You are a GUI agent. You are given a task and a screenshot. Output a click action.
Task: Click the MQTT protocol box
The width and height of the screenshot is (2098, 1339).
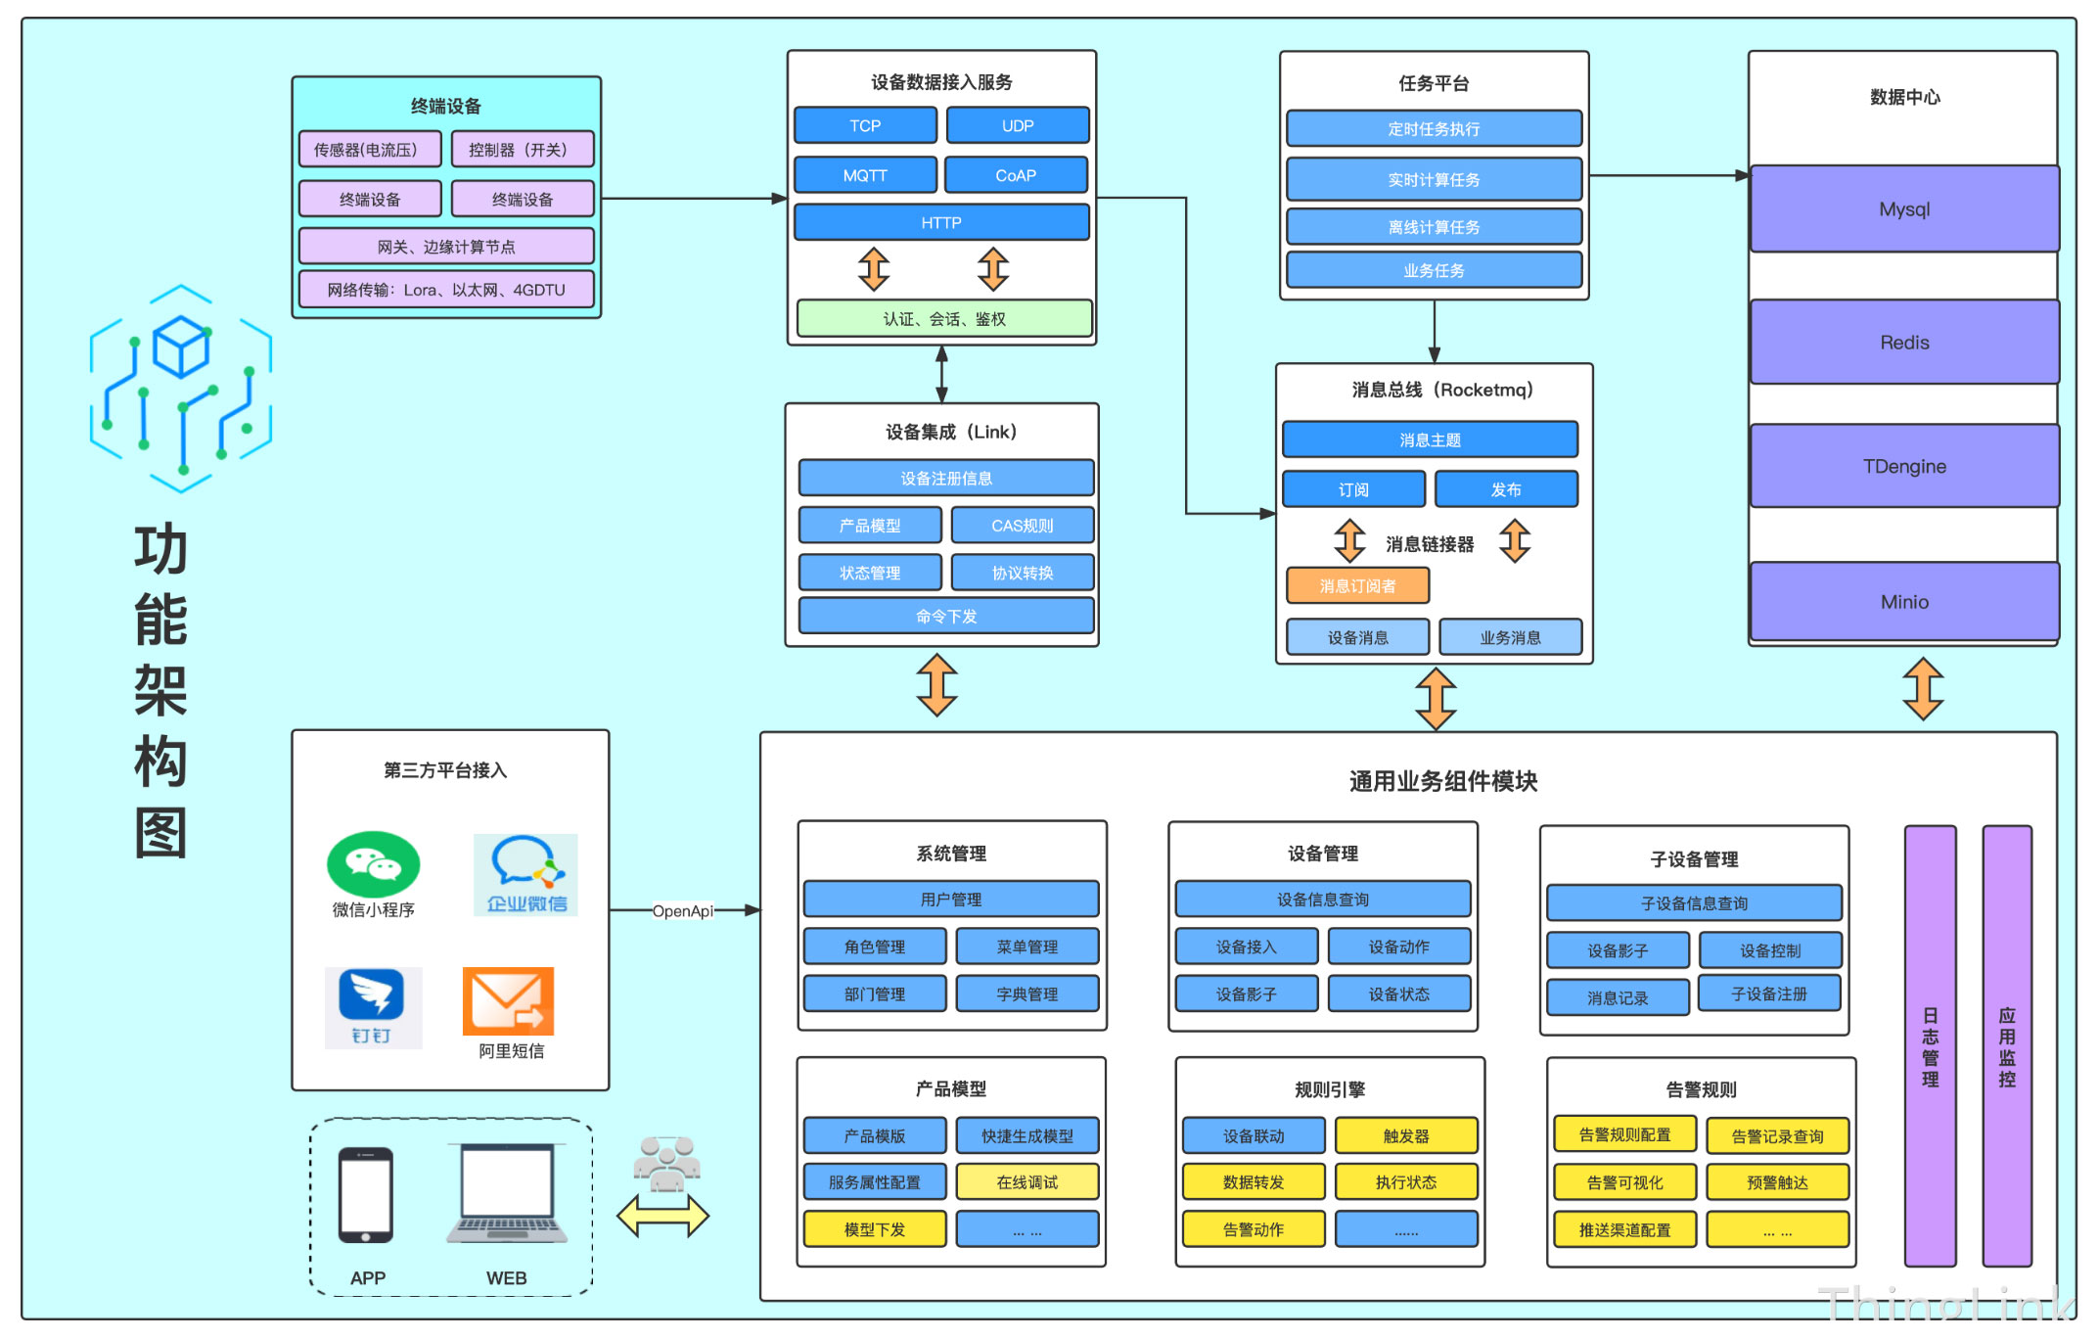point(865,175)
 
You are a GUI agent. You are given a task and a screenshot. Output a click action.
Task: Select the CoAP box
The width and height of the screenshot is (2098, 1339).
point(1016,175)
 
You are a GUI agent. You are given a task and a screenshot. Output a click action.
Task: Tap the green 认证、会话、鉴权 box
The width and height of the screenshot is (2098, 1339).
point(944,319)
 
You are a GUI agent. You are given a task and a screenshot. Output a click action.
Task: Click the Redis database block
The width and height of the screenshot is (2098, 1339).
point(1904,343)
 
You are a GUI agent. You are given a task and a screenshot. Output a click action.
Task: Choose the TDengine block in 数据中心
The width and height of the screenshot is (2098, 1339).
point(1904,466)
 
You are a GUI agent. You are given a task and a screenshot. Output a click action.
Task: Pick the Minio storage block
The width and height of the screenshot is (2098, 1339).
point(1904,602)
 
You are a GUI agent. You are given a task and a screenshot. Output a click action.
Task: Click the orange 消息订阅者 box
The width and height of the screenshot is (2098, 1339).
point(1357,585)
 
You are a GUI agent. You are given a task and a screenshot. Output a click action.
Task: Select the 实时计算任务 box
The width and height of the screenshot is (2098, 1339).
point(1434,179)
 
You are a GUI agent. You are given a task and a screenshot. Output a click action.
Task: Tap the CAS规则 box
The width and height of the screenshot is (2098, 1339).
point(1023,526)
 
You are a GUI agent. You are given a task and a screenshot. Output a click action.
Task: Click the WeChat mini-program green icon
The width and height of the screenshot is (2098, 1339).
point(373,864)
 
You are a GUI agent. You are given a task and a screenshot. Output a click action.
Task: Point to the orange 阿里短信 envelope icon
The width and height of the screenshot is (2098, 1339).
point(508,1001)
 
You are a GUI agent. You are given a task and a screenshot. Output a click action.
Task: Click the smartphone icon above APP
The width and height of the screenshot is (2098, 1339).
point(366,1195)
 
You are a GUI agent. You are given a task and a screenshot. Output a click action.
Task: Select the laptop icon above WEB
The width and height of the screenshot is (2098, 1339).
point(507,1193)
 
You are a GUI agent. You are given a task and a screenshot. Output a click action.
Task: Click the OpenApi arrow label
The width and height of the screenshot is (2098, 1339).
point(683,911)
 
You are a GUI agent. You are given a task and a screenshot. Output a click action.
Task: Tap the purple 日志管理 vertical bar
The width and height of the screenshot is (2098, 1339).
point(1930,1046)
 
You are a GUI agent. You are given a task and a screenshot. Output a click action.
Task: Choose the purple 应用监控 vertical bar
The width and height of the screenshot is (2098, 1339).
point(2007,1046)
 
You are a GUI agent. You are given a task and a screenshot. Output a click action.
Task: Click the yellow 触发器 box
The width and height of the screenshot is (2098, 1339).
point(1406,1135)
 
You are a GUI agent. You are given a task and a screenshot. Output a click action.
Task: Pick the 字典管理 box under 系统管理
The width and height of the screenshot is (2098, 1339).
point(1027,993)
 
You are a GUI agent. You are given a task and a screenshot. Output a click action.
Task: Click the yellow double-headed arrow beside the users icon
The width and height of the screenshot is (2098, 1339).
point(662,1216)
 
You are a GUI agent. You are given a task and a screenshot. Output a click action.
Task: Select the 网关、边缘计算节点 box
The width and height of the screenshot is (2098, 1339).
point(446,247)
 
